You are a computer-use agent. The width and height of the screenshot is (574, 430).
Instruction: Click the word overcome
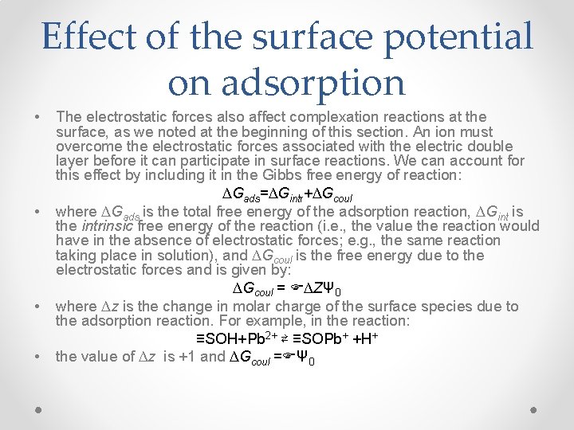[88, 147]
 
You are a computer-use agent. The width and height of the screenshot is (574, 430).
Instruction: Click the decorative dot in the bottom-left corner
[38, 410]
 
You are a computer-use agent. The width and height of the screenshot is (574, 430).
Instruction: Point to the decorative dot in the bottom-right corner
[534, 410]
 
